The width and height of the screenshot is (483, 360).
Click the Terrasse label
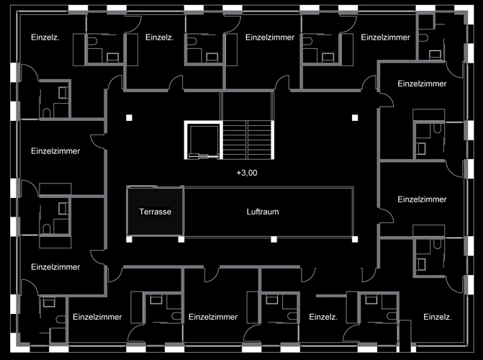tap(154, 212)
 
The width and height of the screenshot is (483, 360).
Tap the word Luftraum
tap(262, 212)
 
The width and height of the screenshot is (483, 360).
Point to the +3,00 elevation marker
tap(246, 173)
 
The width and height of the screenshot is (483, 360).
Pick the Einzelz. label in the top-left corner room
tap(45, 37)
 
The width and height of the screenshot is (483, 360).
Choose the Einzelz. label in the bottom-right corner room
tap(438, 317)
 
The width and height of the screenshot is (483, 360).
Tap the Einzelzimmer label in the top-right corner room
tap(385, 37)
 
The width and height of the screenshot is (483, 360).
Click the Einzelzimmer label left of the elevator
tap(55, 151)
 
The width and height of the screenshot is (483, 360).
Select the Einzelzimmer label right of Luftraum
tap(422, 199)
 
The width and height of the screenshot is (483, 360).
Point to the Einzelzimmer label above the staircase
tap(270, 37)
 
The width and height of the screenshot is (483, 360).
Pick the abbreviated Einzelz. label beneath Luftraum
tap(323, 317)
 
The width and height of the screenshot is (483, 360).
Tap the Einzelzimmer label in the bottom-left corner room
tap(55, 266)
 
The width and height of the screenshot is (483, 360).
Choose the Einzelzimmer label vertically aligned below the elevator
tap(212, 317)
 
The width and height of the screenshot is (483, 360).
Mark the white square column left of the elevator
tap(129, 117)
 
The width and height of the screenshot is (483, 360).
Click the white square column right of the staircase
tap(354, 117)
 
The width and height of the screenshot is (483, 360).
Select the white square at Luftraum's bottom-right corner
tap(354, 238)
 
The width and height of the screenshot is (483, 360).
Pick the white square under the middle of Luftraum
tap(274, 238)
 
